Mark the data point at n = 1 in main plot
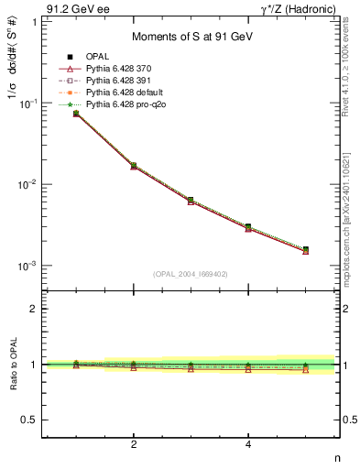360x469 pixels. pos(76,114)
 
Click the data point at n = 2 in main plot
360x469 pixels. pos(134,166)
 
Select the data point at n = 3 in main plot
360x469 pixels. pos(191,200)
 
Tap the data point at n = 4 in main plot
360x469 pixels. pos(248,226)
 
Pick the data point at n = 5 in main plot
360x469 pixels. pos(306,249)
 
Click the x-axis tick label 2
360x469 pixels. pos(134,444)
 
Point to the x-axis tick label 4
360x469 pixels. pos(248,444)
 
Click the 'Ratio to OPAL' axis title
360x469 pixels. pos(12,364)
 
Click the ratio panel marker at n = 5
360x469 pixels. pos(306,367)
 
